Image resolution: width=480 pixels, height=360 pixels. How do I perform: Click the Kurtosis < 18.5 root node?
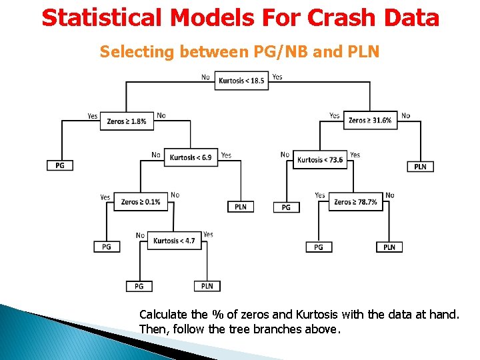point(241,81)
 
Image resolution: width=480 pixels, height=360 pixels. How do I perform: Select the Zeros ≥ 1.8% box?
point(127,121)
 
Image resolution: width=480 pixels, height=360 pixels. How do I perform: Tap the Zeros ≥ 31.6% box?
point(370,120)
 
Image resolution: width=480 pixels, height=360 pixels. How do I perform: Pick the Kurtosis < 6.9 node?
point(191,158)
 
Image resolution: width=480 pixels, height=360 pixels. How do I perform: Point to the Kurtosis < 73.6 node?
point(320,160)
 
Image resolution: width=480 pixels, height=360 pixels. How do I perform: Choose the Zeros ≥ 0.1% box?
point(141,202)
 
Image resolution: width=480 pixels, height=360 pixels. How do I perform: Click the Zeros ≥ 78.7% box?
point(355,202)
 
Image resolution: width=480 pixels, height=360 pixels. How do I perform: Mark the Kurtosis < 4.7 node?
point(174,241)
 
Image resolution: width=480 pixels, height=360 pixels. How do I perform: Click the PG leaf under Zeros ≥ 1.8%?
point(60,165)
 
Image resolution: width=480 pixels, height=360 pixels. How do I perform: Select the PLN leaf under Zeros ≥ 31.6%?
point(420,167)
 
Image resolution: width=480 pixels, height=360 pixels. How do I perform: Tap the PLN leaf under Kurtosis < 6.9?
point(241,207)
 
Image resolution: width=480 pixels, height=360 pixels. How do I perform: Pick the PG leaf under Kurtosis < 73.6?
point(286,207)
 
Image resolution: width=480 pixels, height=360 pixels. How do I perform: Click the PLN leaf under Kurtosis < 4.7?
point(207,286)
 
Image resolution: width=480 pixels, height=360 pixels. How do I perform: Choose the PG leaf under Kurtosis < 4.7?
point(139,286)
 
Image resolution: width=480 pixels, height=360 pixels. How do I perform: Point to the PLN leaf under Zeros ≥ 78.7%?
point(389,247)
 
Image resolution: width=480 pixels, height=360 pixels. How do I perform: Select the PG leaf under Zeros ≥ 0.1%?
point(107,247)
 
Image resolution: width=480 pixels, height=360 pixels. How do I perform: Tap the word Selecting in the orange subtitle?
point(136,51)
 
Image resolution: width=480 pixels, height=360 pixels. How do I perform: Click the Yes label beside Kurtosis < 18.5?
point(277,77)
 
